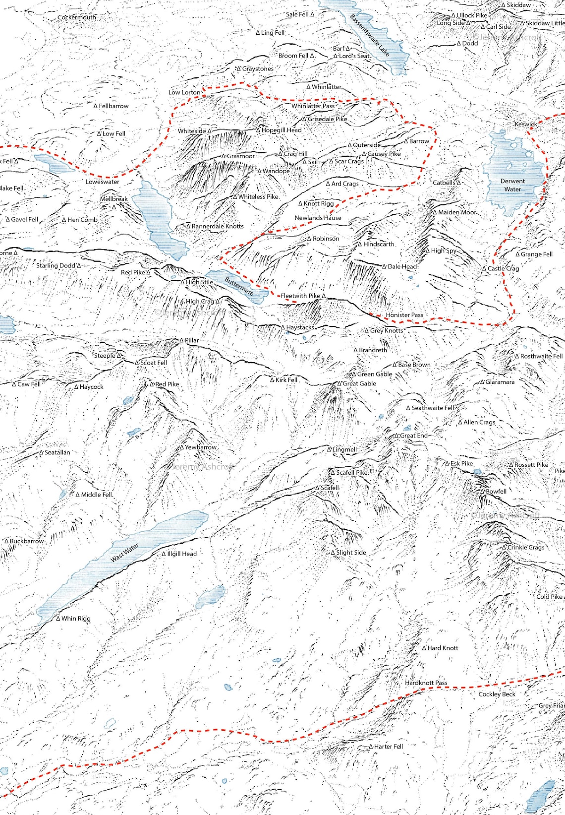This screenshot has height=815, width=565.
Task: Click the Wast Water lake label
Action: pyautogui.click(x=124, y=553)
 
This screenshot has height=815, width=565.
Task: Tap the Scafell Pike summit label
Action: pyautogui.click(x=351, y=473)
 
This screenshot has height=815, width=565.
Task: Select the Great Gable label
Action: pyautogui.click(x=359, y=383)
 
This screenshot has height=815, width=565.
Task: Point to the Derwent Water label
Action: pyautogui.click(x=512, y=185)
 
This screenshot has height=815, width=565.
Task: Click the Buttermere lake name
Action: pyautogui.click(x=239, y=287)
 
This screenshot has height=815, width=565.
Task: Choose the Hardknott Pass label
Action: pyautogui.click(x=426, y=683)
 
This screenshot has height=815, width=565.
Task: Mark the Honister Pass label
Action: pyautogui.click(x=404, y=315)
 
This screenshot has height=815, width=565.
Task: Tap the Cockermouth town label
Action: pyautogui.click(x=77, y=17)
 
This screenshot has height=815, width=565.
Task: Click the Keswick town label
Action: pyautogui.click(x=525, y=125)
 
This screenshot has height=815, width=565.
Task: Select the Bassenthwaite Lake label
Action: pyautogui.click(x=369, y=35)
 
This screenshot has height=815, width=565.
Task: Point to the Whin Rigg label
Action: pyautogui.click(x=76, y=619)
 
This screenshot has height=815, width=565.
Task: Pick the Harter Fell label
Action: pyautogui.click(x=388, y=746)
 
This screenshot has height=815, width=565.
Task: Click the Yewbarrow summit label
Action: pyautogui.click(x=201, y=447)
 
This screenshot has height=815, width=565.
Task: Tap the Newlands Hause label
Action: pyautogui.click(x=318, y=218)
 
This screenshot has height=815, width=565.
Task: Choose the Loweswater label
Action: pyautogui.click(x=102, y=182)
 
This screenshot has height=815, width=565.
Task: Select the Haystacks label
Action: pyautogui.click(x=300, y=327)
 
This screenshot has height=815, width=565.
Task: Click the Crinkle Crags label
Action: pyautogui.click(x=525, y=547)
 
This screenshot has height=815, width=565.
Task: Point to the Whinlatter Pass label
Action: pyautogui.click(x=313, y=106)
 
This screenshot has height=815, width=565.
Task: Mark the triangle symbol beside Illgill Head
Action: pyautogui.click(x=164, y=554)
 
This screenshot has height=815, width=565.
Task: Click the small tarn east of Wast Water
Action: pyautogui.click(x=210, y=597)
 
